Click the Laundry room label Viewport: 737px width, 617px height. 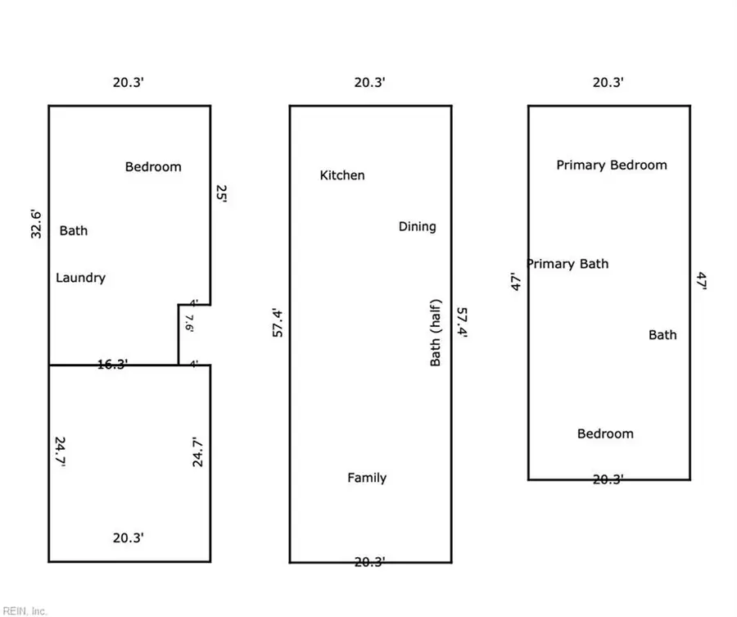coord(80,278)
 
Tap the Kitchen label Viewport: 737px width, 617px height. coord(342,175)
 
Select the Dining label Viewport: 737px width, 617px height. coord(418,227)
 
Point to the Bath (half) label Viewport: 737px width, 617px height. coord(436,333)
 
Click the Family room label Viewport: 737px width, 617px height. coord(367,478)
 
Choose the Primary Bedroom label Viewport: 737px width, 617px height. coord(612,165)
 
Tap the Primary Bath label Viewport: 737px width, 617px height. coord(567,264)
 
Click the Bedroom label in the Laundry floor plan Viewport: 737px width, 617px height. coord(153,167)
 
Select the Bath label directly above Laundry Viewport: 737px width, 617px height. coord(74,231)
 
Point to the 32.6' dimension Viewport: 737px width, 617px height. coord(36,225)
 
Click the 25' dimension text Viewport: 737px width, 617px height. coord(221,193)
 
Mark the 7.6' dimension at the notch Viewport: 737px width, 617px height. coord(189,323)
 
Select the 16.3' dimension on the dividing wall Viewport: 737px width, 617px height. coord(112,365)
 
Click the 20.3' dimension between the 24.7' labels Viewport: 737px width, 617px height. coord(129,538)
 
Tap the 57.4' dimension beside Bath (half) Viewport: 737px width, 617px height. coord(462,323)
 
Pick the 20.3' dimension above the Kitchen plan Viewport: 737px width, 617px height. coord(370,82)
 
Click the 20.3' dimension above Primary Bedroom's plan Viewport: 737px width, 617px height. coord(608,82)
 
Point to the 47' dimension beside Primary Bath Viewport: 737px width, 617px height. coord(516,282)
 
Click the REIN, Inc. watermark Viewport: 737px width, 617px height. coord(25,611)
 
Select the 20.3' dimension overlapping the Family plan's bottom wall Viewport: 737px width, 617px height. coord(370,562)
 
